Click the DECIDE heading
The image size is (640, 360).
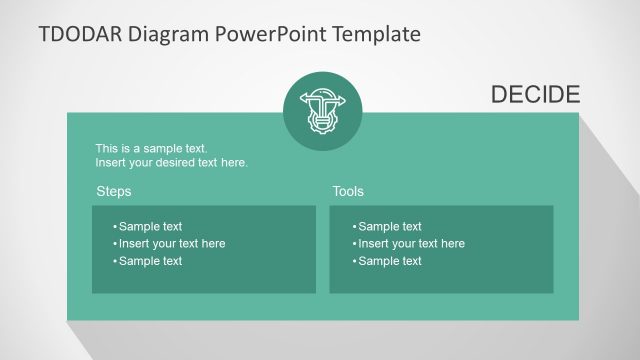(535, 95)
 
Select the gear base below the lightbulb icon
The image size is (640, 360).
(319, 122)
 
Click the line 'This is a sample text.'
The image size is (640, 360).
(151, 148)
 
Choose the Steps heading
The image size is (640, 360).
(113, 191)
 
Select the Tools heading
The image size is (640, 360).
(348, 191)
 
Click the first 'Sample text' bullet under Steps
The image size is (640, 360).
(150, 226)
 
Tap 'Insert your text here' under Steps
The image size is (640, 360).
(172, 243)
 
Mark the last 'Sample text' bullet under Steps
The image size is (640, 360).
(150, 261)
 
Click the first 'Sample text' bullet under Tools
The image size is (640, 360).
(390, 226)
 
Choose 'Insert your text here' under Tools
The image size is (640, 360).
(411, 243)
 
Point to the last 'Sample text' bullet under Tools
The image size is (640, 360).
(390, 261)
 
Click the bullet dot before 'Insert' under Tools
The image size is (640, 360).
(354, 244)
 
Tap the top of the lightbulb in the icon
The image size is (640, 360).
(319, 96)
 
